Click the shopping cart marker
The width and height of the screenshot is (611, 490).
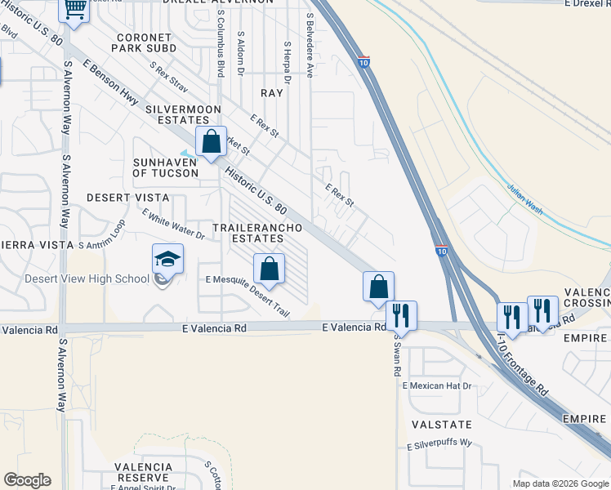click(74, 11)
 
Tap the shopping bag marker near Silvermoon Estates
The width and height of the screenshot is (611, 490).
click(212, 142)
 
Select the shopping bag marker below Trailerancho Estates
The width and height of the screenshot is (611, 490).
click(269, 269)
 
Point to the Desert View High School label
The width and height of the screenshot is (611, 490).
click(87, 278)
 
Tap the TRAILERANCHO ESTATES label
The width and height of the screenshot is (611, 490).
click(248, 233)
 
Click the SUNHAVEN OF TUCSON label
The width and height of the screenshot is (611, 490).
click(172, 167)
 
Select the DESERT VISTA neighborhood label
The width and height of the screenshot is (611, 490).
click(127, 198)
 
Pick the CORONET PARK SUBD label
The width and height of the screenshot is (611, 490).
click(144, 43)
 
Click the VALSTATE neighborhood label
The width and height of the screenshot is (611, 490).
click(442, 425)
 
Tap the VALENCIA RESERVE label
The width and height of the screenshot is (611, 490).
click(144, 472)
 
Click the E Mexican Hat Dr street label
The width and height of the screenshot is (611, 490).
click(437, 385)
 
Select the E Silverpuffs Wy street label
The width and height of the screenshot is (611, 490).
click(440, 443)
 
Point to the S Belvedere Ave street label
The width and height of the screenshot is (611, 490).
click(310, 46)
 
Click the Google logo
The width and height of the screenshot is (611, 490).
click(27, 480)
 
